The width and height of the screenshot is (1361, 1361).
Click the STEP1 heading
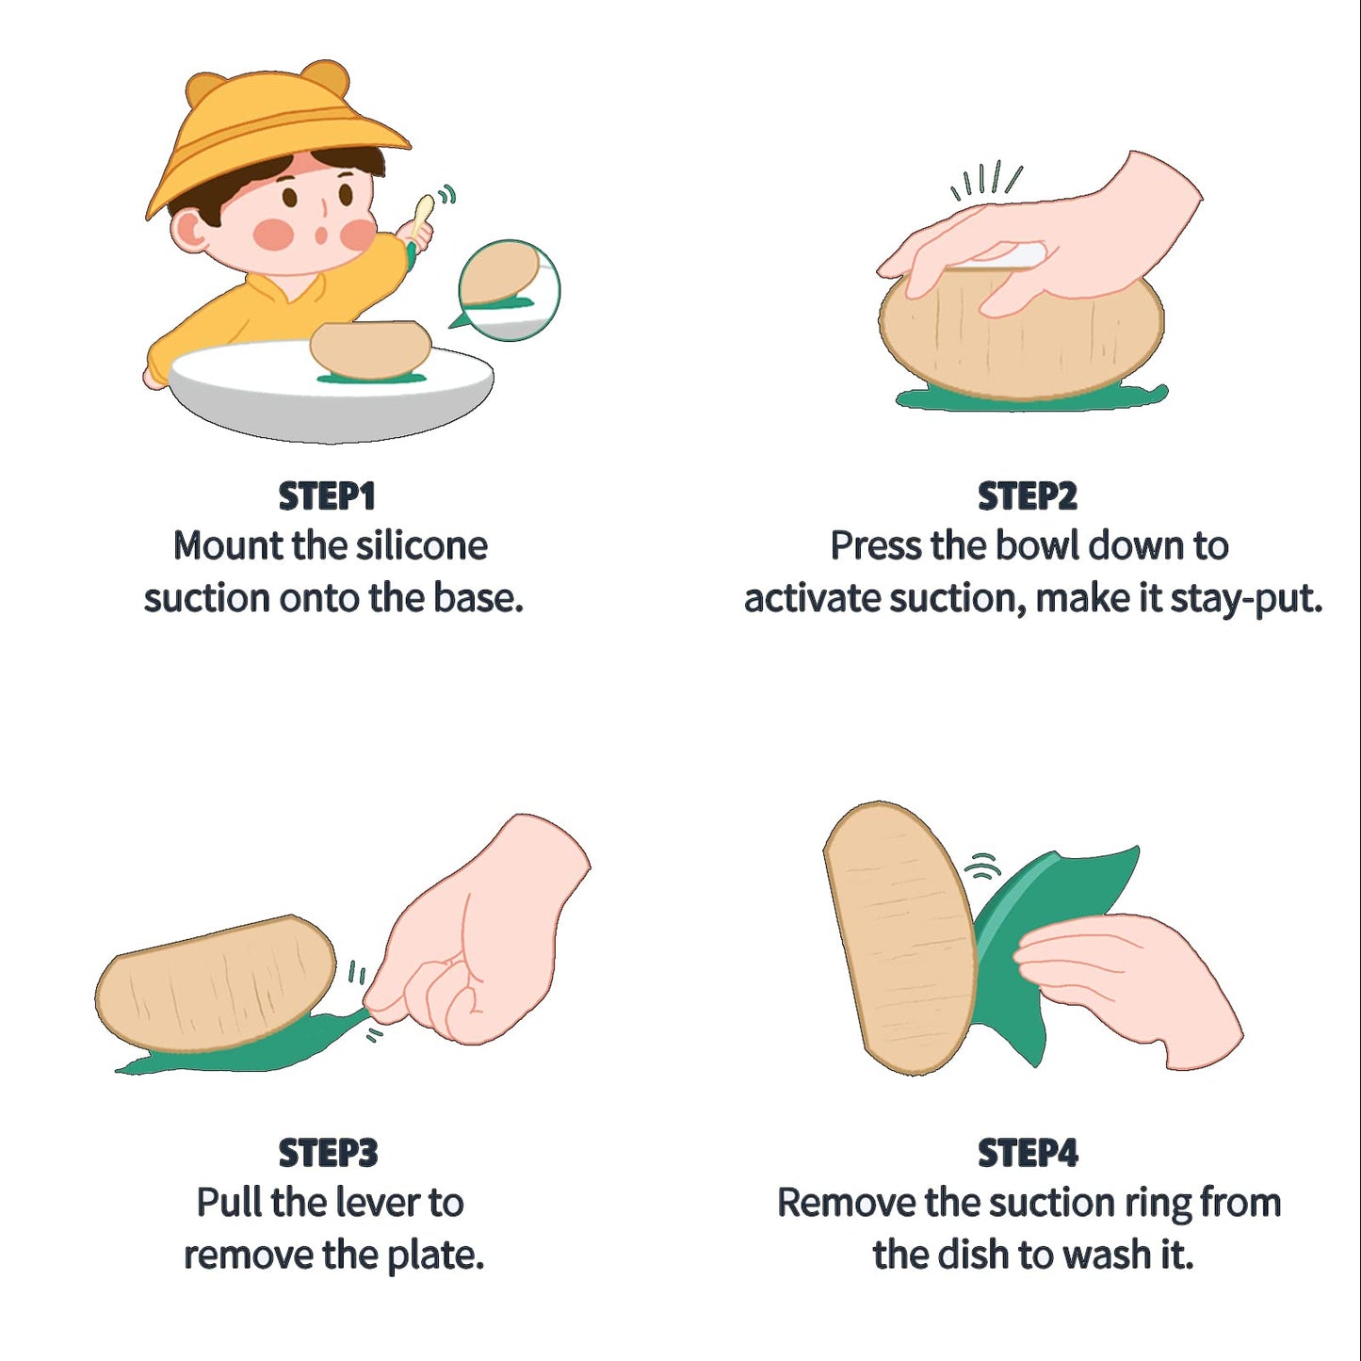326,496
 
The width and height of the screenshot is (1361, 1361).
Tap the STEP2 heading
1028,496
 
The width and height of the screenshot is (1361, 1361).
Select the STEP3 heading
328,1154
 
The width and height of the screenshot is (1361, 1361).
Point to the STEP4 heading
1029,1154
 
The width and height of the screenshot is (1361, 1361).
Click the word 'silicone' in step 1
421,546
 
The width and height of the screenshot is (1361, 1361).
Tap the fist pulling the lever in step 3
480,932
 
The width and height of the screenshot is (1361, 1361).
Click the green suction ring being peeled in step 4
1052,953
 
